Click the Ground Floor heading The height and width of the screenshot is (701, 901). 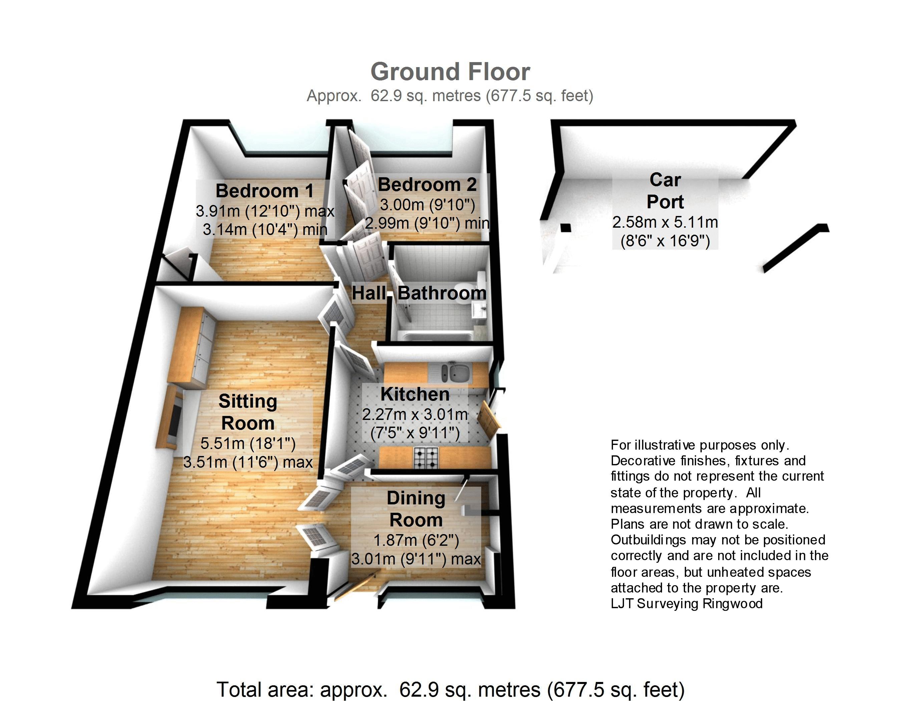[450, 72]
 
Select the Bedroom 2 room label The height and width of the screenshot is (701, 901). [427, 185]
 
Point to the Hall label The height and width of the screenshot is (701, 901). [369, 293]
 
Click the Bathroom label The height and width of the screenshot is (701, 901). [442, 293]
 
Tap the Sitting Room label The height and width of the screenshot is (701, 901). [248, 412]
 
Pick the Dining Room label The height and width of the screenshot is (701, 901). [416, 509]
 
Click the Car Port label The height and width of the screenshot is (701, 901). [665, 191]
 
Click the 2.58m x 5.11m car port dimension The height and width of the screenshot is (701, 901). [665, 222]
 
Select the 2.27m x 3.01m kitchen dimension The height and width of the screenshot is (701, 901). [415, 414]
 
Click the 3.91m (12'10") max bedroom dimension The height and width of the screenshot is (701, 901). [265, 211]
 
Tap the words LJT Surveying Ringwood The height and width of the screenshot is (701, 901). [686, 603]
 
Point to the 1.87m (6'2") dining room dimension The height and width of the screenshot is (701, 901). [416, 540]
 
